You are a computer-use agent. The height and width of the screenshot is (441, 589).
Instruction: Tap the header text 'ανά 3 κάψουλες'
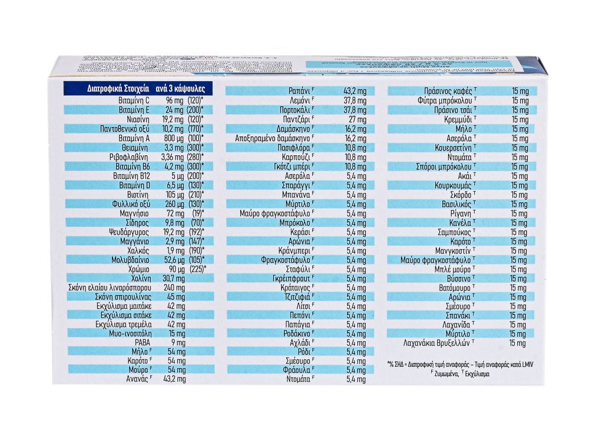(180, 91)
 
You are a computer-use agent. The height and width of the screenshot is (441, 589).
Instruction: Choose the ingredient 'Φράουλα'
(297, 370)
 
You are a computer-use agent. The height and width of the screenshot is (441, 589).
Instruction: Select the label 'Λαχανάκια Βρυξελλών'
(438, 343)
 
